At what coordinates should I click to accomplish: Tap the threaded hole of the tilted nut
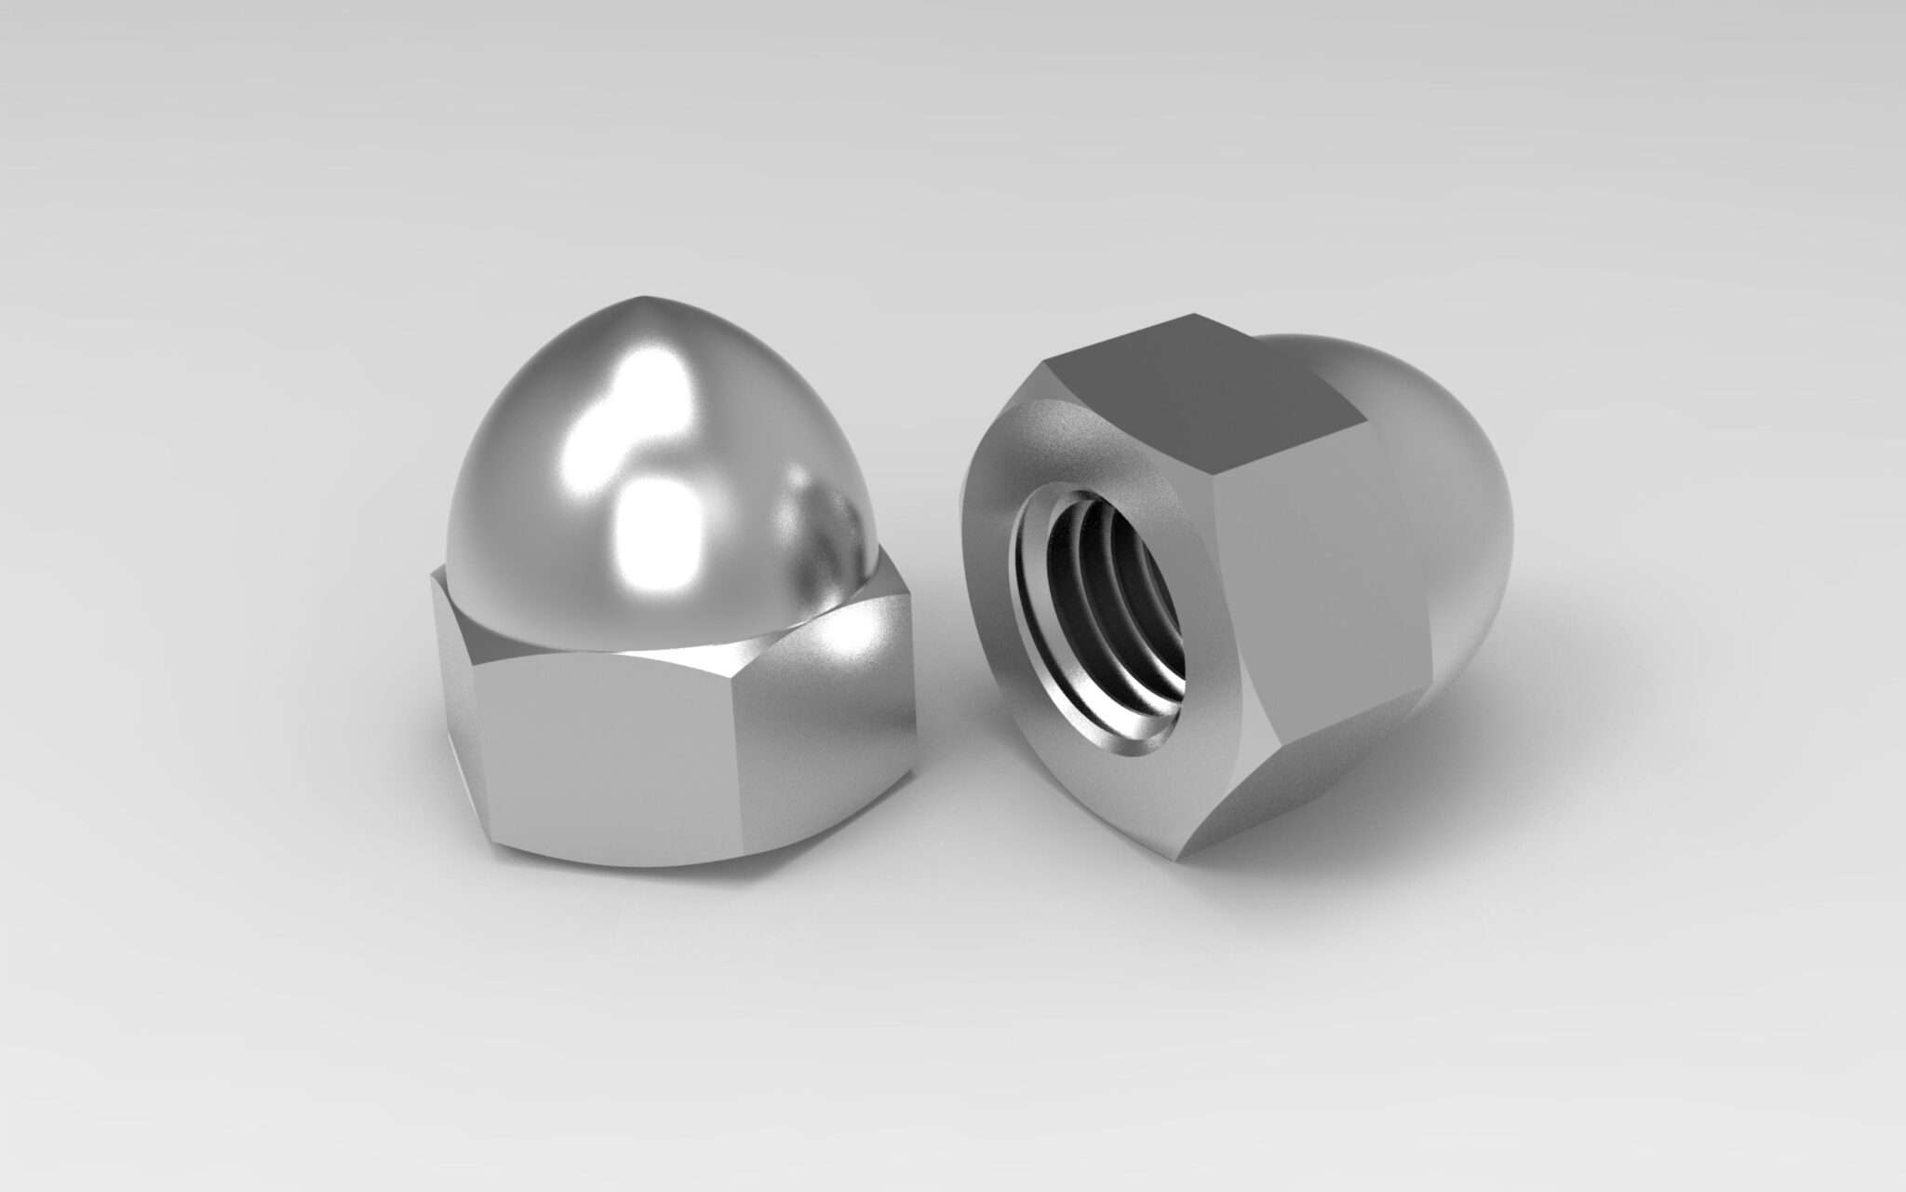point(1103,620)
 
